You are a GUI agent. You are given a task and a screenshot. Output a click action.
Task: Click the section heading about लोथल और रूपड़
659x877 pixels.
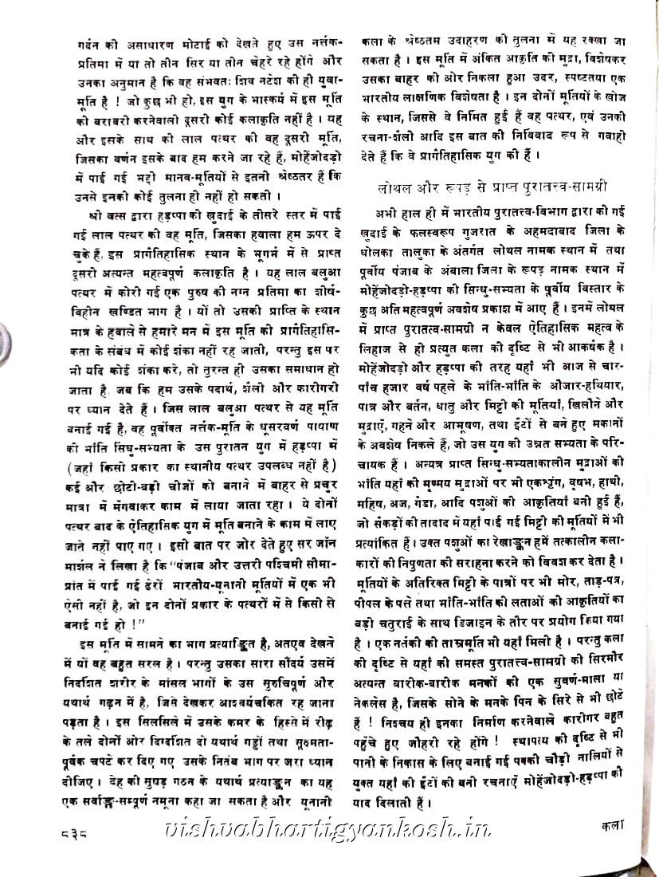pyautogui.click(x=492, y=187)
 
